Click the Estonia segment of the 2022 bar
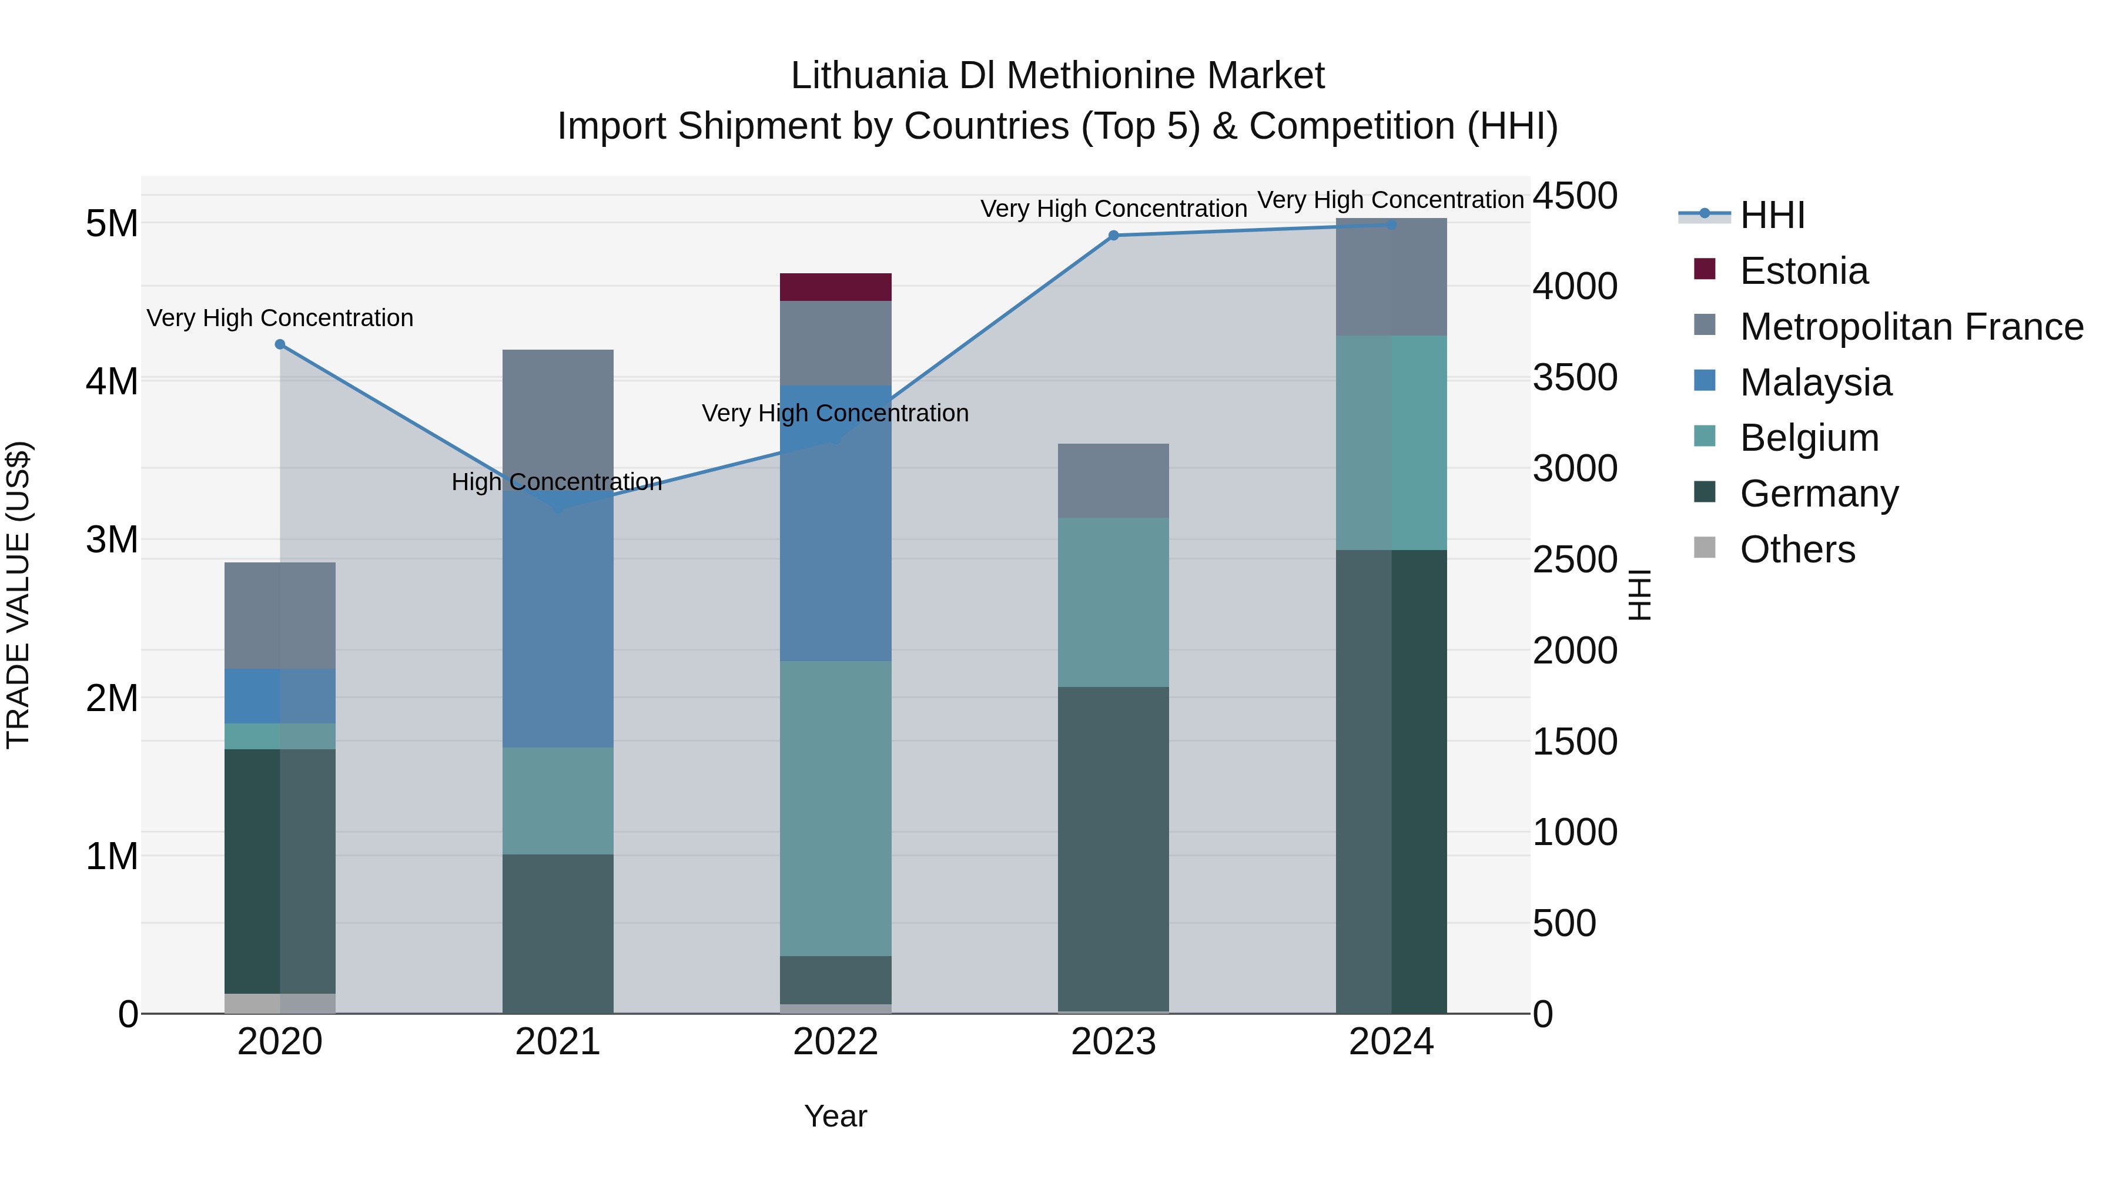click(835, 287)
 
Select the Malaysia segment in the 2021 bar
click(558, 624)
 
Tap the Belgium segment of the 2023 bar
click(1113, 602)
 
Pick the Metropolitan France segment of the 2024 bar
click(1391, 277)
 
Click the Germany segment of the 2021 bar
click(558, 933)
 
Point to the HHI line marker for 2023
click(1113, 236)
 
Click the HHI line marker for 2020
click(280, 344)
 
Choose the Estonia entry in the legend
click(1803, 271)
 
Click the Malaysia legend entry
click(1816, 383)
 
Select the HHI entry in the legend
click(1772, 215)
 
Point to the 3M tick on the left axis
click(112, 539)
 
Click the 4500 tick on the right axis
click(1575, 196)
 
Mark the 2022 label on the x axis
click(835, 1042)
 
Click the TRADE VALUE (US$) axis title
click(18, 595)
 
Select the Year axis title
click(835, 1116)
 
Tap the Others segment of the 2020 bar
click(280, 1004)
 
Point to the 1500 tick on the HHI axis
click(1575, 742)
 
